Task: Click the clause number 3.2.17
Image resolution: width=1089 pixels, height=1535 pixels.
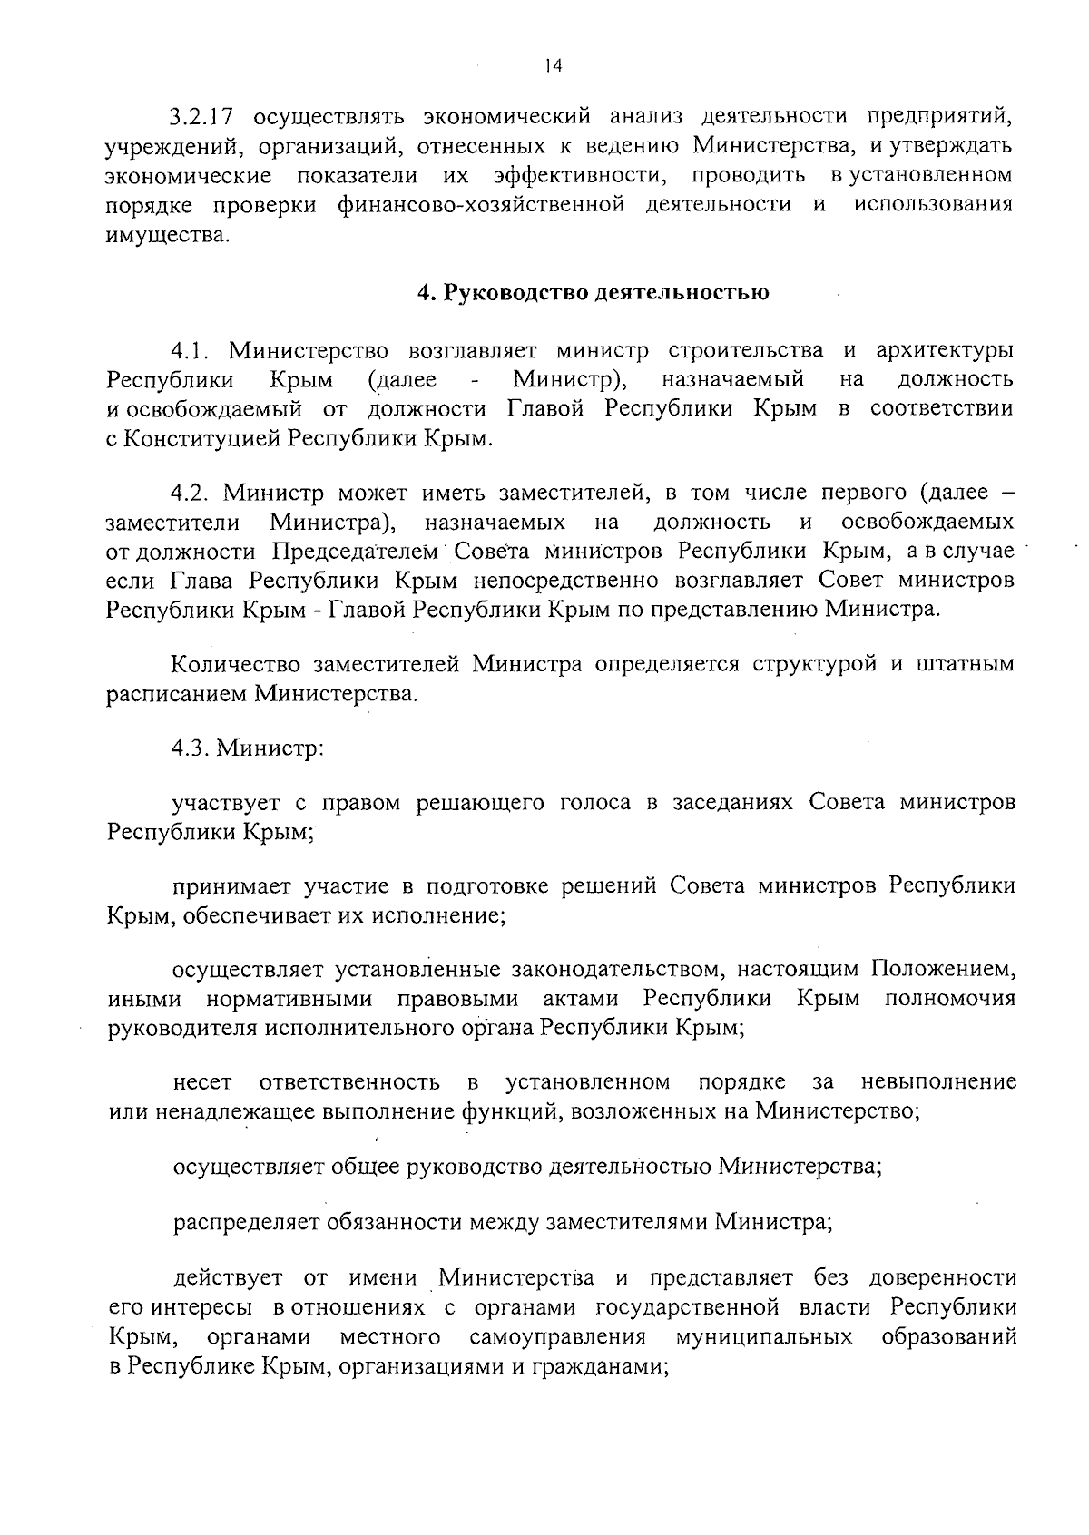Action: tap(203, 117)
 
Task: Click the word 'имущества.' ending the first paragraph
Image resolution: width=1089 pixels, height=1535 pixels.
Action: tap(162, 235)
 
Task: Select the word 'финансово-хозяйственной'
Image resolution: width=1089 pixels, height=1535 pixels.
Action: tap(481, 204)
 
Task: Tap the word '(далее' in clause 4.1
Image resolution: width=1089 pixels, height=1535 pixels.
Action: tap(402, 379)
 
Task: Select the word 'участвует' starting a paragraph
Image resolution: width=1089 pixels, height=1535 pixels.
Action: tap(226, 804)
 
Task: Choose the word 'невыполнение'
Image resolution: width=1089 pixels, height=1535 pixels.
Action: tap(938, 1082)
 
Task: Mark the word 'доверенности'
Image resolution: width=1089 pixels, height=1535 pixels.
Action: tap(942, 1278)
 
